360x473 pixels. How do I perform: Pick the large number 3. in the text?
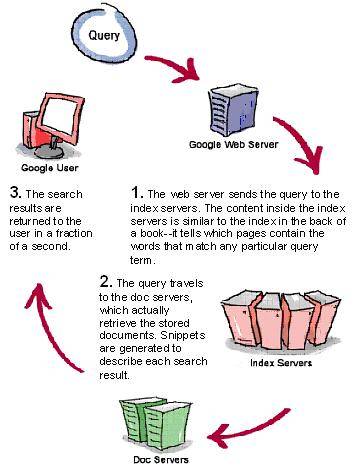pos(14,190)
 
